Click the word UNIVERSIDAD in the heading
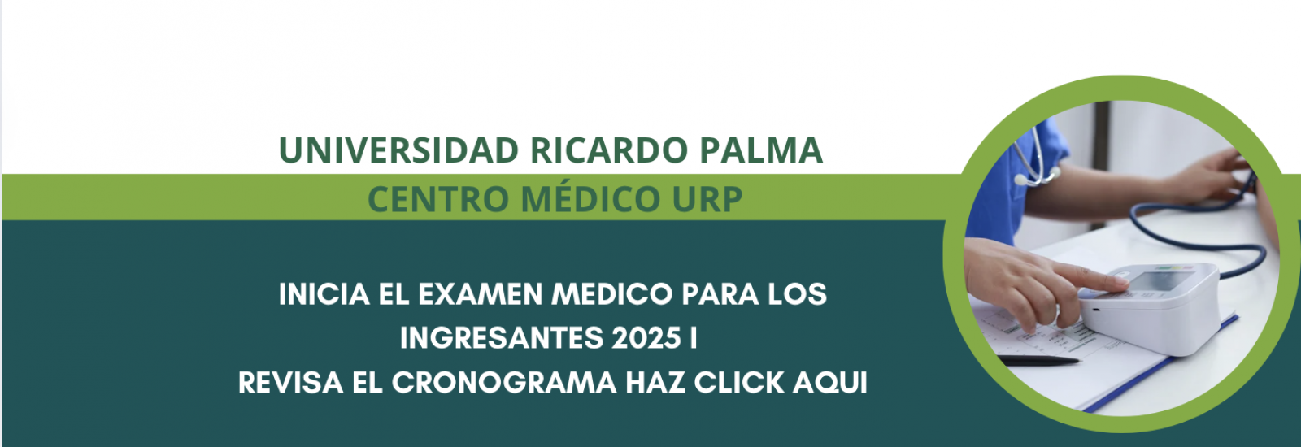(398, 150)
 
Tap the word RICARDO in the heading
(609, 150)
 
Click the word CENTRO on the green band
(438, 199)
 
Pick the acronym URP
(707, 199)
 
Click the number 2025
(646, 338)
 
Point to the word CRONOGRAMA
(504, 383)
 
